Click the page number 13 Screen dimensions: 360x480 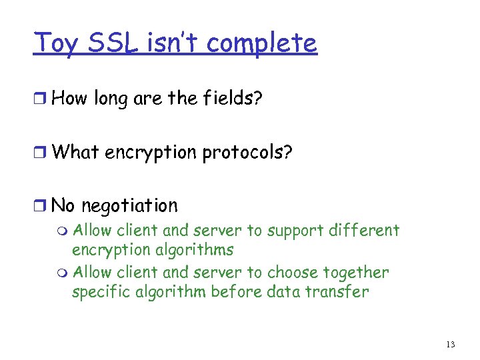pos(451,344)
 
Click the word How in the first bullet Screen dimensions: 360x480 pos(70,98)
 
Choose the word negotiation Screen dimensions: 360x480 pos(131,205)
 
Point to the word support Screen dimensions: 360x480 pos(293,232)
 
